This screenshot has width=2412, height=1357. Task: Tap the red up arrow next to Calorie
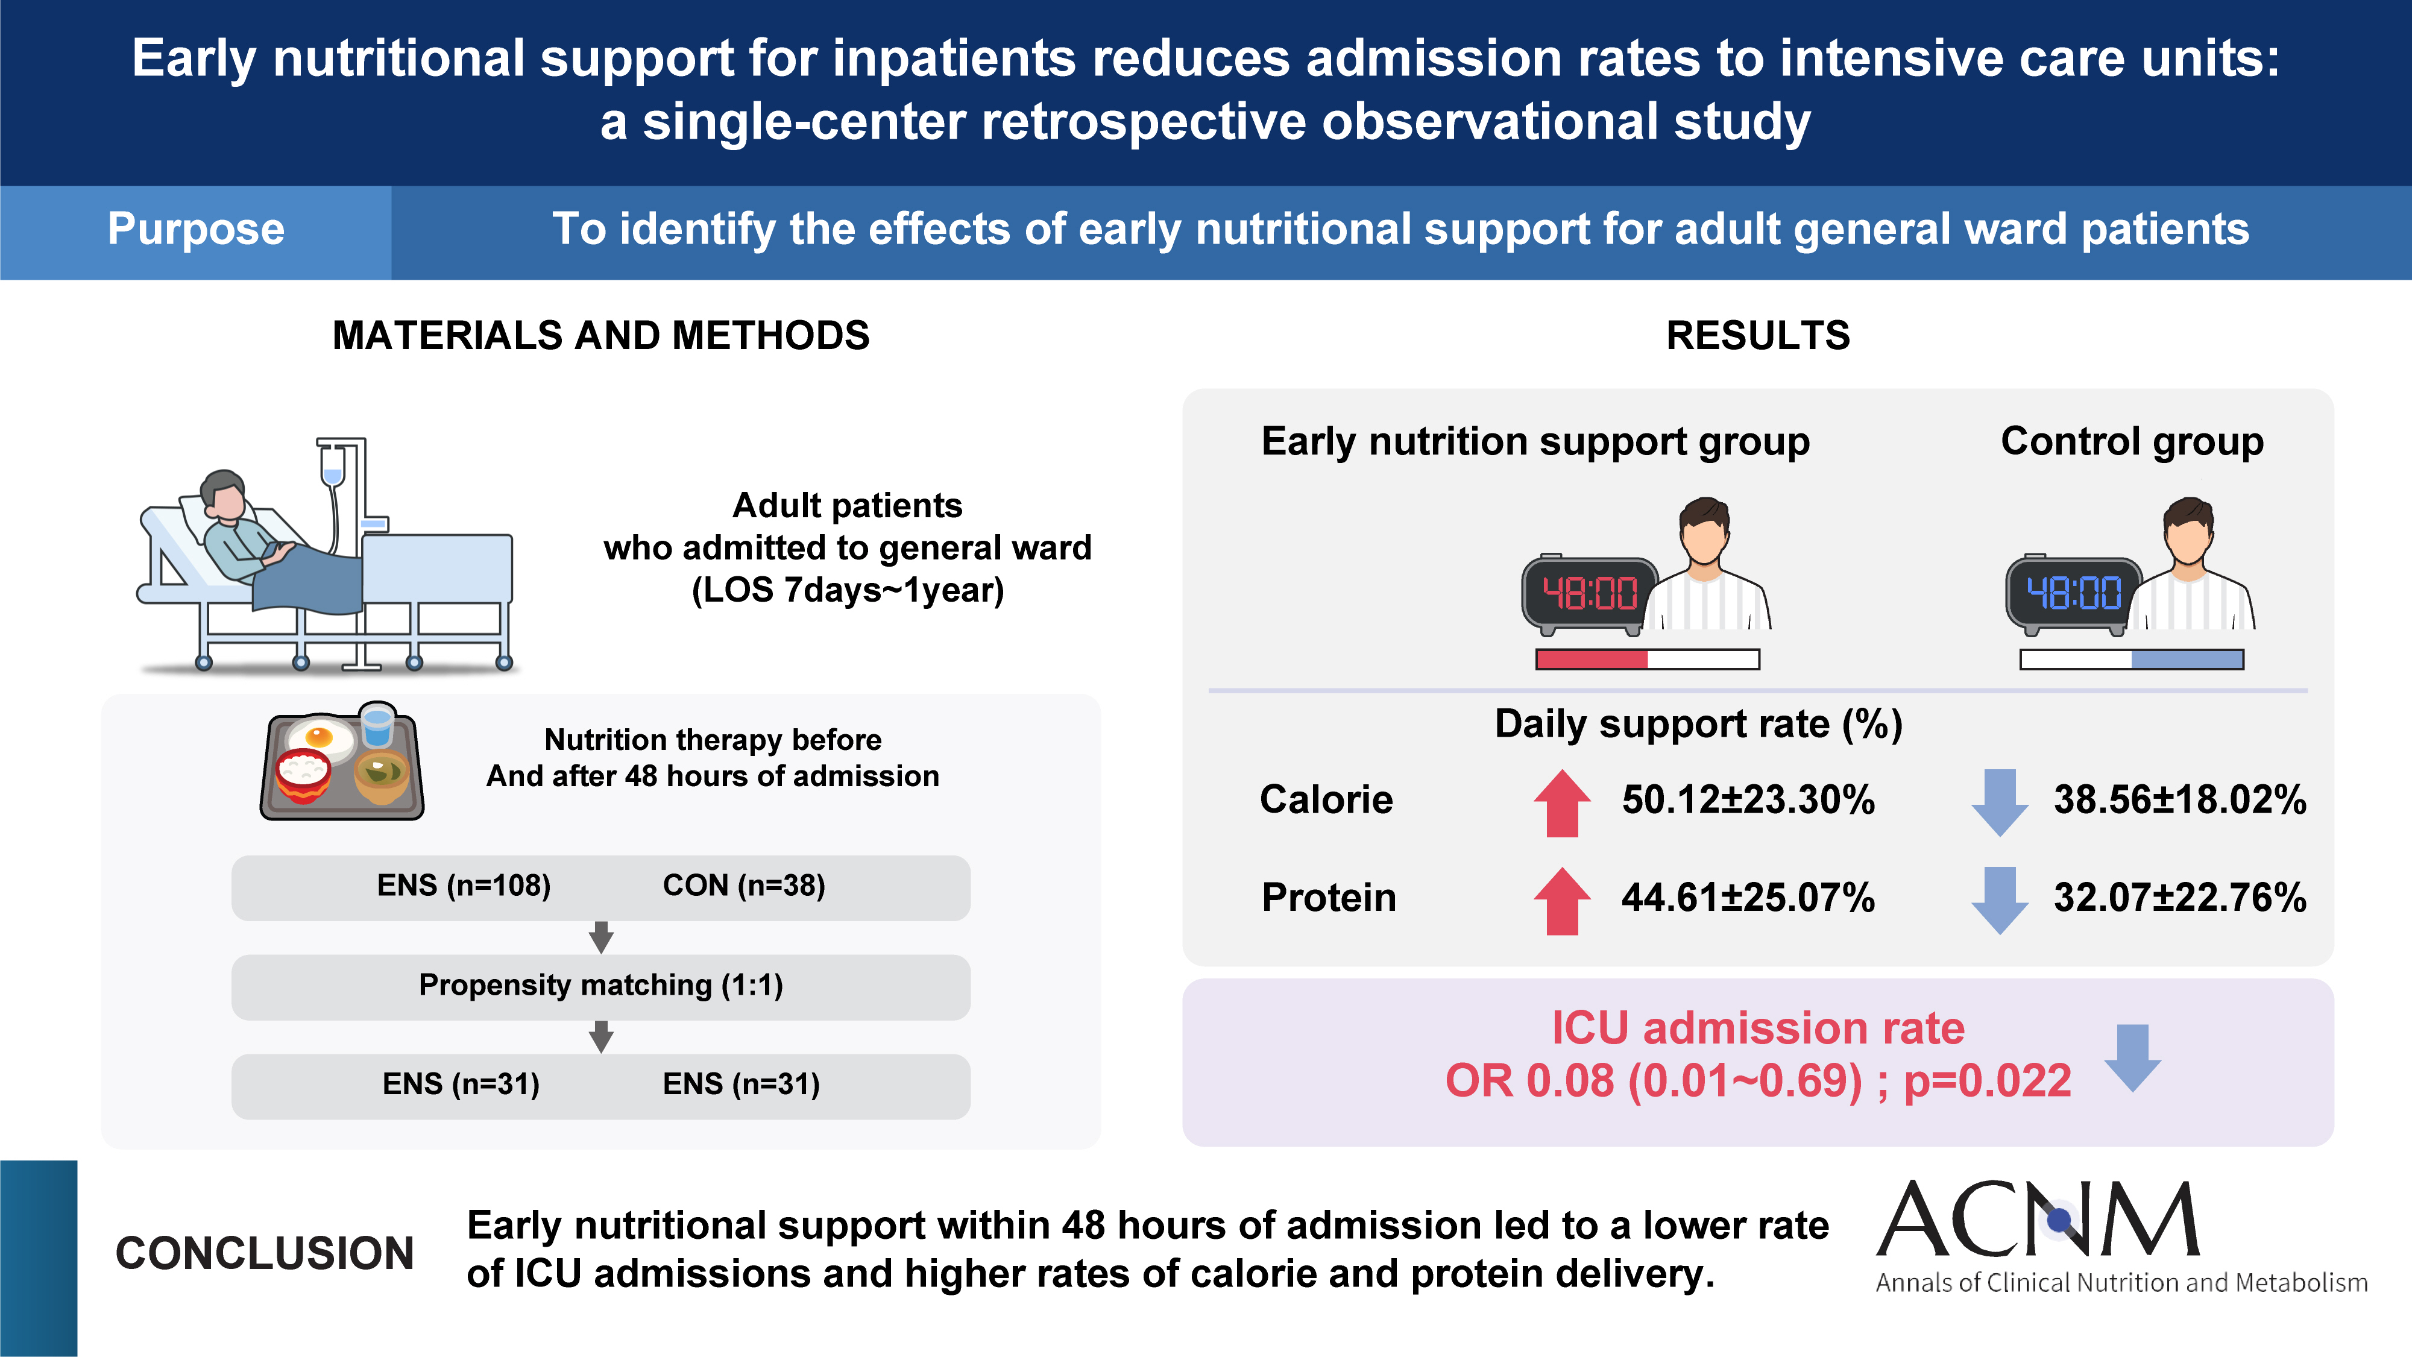click(x=1562, y=802)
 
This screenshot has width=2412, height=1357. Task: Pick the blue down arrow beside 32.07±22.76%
click(x=1999, y=899)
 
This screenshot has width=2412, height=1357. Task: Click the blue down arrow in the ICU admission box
click(x=2132, y=1057)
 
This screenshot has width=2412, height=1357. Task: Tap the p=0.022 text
click(x=1987, y=1082)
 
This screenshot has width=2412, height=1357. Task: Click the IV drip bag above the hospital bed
click(x=332, y=465)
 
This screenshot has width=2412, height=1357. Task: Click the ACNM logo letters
click(x=2038, y=1220)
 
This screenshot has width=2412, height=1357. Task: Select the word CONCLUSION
click(x=264, y=1254)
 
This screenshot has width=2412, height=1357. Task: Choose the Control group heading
click(x=2132, y=441)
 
